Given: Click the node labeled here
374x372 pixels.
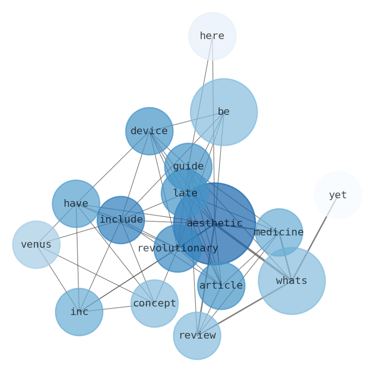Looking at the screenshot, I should click(x=212, y=36).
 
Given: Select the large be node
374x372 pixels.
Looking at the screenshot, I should click(x=224, y=112).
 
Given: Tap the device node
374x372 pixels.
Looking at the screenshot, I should click(x=149, y=131).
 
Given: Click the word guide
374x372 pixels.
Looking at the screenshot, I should click(x=188, y=167).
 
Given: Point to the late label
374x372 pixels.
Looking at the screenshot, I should click(x=185, y=194).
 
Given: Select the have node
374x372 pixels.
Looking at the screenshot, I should click(x=76, y=204).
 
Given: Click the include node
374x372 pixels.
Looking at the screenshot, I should click(x=121, y=220).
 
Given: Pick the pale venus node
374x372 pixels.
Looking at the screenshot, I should click(x=36, y=245).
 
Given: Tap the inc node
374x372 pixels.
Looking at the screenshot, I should click(x=79, y=312).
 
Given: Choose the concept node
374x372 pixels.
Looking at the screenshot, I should click(x=154, y=304).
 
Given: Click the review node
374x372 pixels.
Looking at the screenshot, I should click(x=197, y=336).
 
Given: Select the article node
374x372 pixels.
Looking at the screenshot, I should click(x=221, y=286).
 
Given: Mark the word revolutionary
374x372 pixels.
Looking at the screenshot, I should click(x=178, y=249).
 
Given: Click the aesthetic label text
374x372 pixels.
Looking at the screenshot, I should click(x=214, y=224).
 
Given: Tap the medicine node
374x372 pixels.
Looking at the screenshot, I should click(x=279, y=233).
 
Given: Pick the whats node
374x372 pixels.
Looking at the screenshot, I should click(x=292, y=281).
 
